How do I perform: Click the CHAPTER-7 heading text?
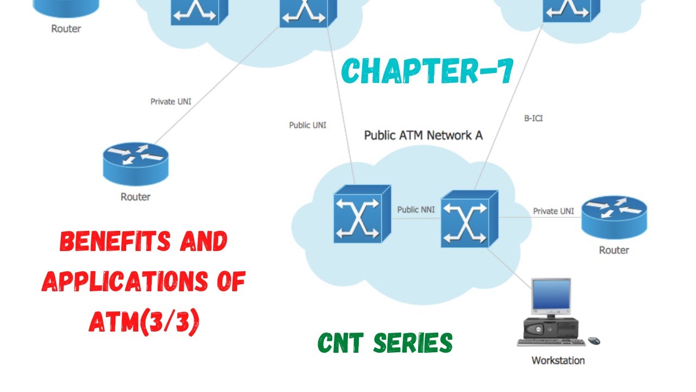[x=427, y=71]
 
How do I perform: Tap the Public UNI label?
[x=308, y=125]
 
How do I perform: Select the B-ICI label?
[x=533, y=118]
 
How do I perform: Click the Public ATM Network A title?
[x=423, y=135]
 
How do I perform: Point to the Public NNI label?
[x=415, y=210]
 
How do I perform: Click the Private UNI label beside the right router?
[x=553, y=211]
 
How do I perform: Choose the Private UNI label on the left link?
[x=171, y=101]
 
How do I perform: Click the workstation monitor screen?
[x=551, y=297]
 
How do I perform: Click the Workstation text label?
[x=558, y=360]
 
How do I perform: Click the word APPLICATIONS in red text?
[x=126, y=282]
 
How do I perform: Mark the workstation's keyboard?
[x=551, y=342]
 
